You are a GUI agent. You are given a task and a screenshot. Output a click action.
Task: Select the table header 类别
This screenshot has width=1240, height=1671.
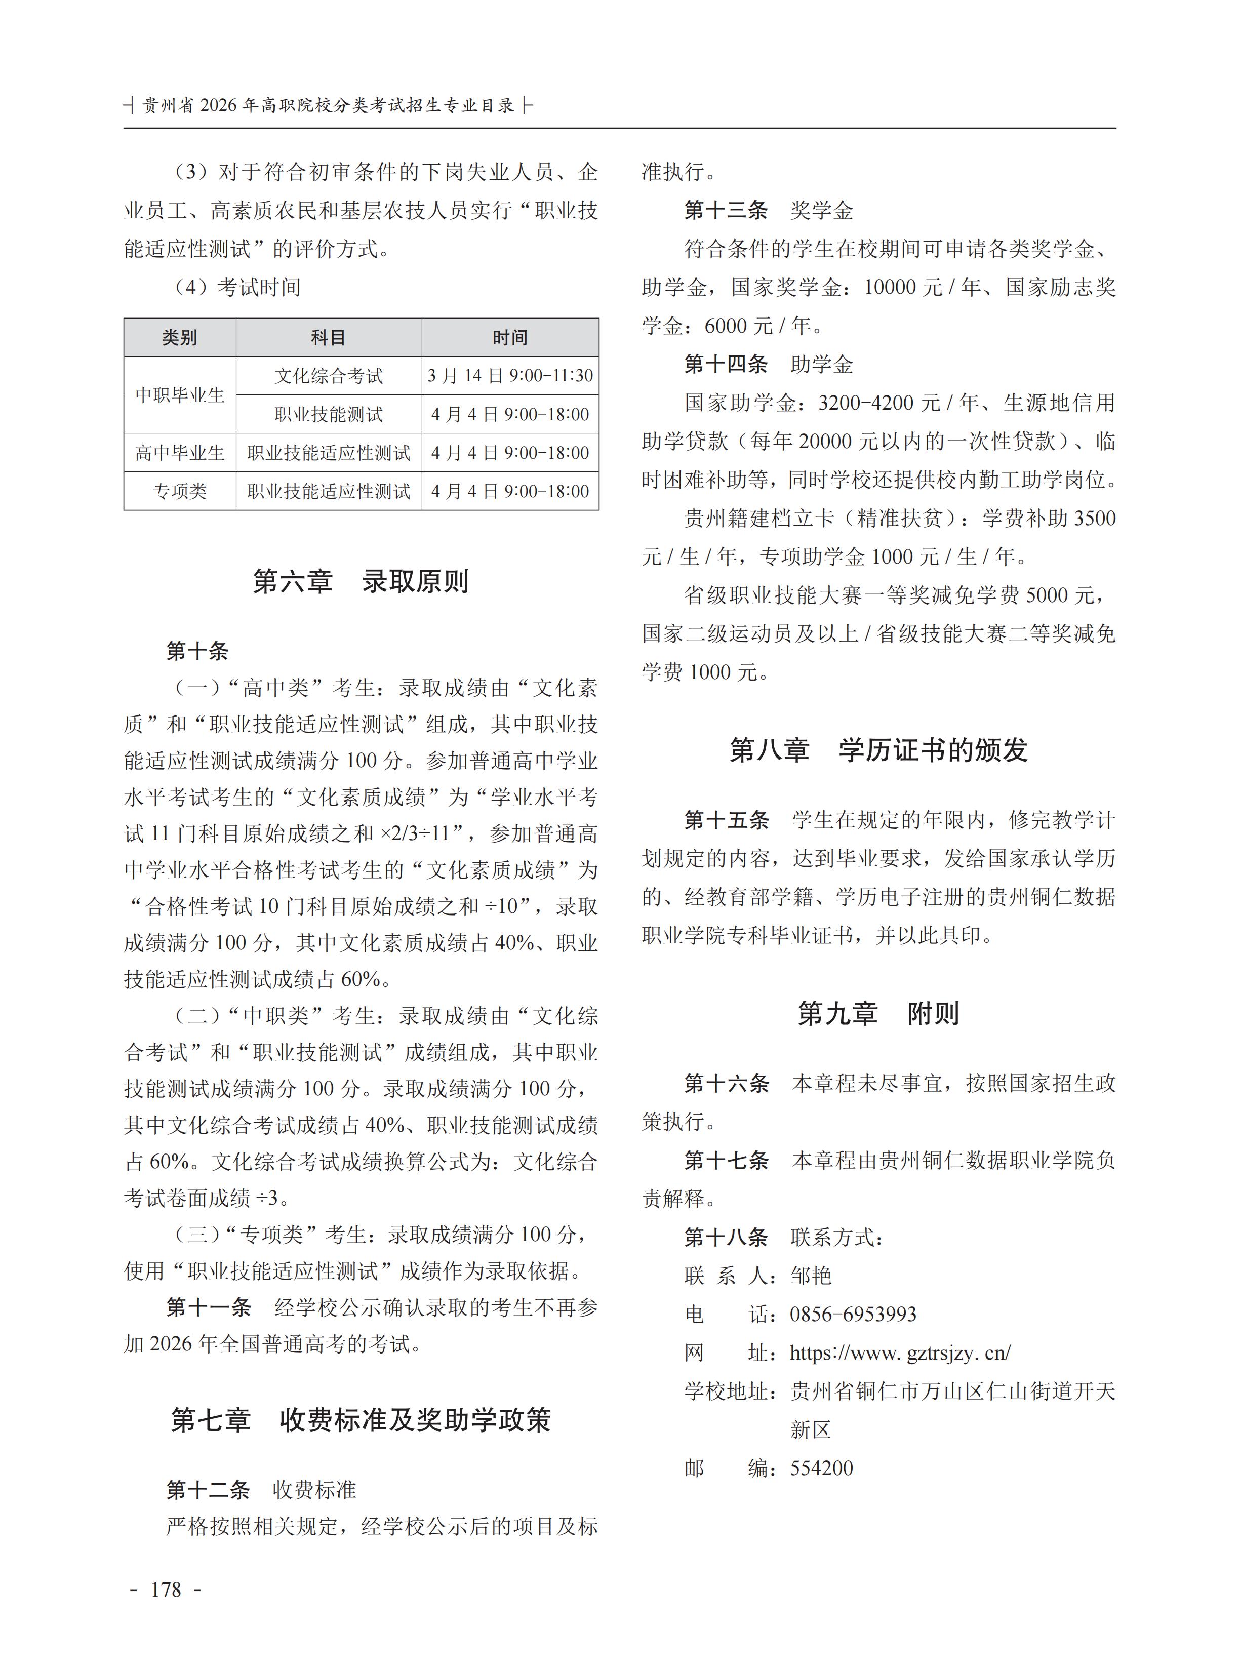[179, 338]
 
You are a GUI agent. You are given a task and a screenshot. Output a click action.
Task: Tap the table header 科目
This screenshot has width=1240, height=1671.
[328, 338]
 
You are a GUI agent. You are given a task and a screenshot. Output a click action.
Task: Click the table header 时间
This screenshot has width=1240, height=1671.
[510, 338]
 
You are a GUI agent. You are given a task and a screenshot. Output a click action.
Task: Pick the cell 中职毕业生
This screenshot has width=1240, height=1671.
[179, 395]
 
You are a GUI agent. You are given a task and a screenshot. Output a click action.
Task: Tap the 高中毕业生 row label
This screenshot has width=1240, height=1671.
[179, 453]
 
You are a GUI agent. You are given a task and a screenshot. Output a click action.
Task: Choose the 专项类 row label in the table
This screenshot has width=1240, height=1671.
[179, 491]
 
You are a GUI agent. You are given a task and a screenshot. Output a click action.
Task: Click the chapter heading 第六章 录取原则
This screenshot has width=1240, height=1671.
[361, 582]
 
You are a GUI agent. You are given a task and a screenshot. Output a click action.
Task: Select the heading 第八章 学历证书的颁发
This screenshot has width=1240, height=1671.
[878, 750]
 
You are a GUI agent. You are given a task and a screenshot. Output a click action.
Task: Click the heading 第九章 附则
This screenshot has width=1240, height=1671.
[878, 1013]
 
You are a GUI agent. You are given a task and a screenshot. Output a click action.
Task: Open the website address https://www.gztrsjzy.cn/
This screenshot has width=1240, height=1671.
[900, 1352]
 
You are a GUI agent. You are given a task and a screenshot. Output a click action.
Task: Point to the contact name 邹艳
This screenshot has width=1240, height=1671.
[811, 1276]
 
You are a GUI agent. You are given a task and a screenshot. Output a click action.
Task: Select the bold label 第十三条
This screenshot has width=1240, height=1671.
[726, 210]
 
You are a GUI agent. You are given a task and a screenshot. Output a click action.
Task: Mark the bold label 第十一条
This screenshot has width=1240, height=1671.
[209, 1307]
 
